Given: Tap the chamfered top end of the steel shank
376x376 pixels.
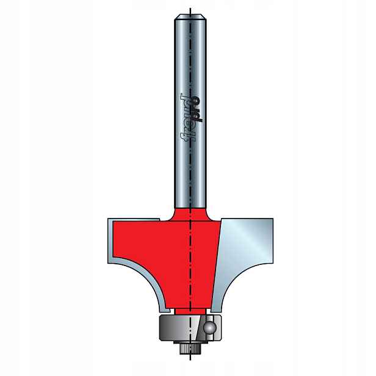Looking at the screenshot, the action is click(190, 17).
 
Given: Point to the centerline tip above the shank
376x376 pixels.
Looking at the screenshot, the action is click(190, 9).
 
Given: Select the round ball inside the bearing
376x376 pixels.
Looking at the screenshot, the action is click(211, 328).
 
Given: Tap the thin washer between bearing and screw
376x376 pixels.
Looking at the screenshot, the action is click(190, 342).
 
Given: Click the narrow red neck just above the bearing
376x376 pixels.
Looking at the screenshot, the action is click(190, 311).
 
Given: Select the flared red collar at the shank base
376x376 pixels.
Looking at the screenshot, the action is click(189, 214).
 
